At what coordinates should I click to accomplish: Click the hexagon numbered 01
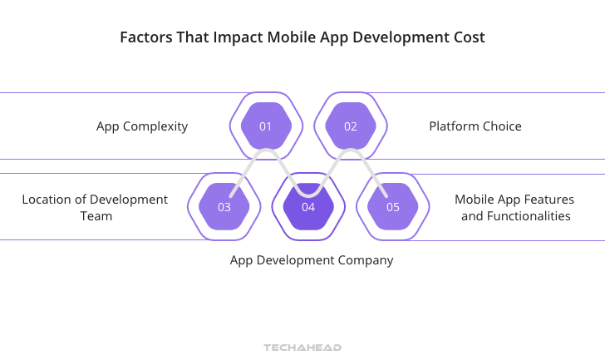[266, 126]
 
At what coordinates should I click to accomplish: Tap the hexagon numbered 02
[351, 126]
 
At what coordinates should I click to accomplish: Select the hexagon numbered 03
[224, 207]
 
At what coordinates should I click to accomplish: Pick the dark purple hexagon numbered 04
[308, 207]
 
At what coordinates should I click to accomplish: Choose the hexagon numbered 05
[393, 207]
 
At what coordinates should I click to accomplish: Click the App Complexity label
[142, 126]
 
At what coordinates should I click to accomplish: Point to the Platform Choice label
[475, 126]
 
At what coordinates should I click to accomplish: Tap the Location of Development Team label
[95, 207]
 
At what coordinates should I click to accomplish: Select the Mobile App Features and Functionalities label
[514, 207]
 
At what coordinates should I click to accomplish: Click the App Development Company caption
[312, 260]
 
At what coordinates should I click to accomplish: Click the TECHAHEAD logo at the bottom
[302, 347]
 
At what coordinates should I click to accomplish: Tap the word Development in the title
[400, 37]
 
